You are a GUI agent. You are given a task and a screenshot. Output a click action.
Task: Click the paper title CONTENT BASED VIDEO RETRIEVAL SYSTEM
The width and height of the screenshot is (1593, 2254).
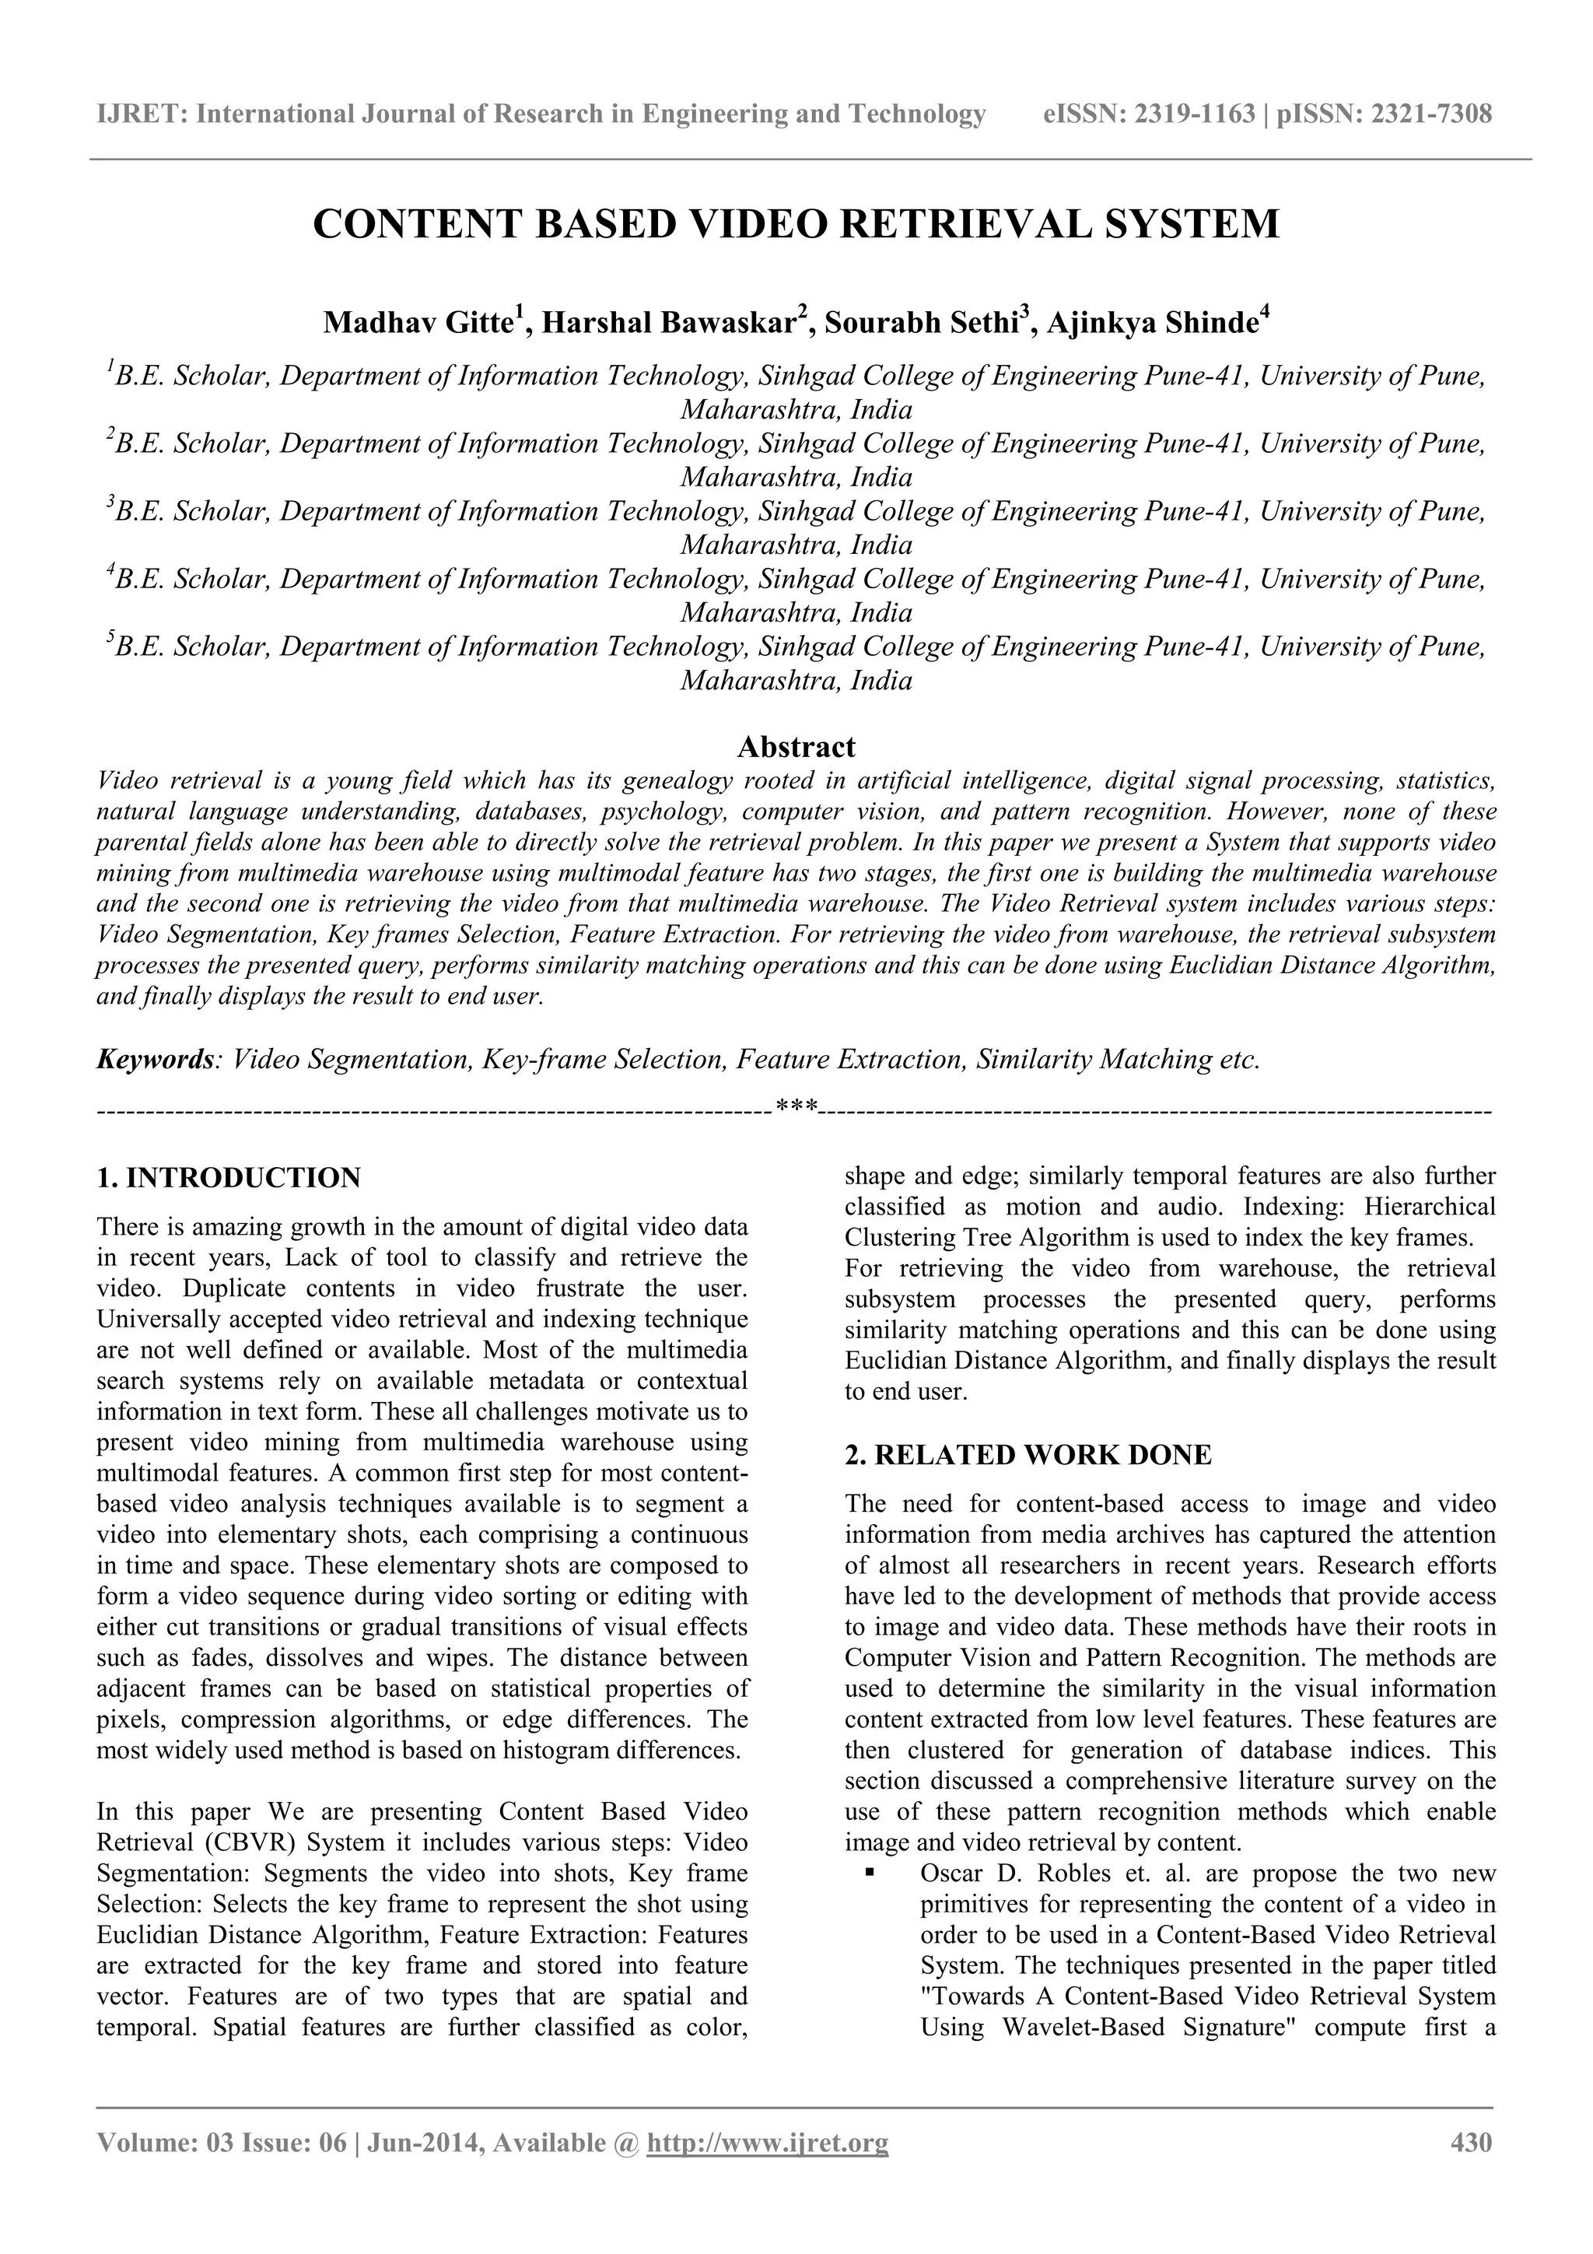pyautogui.click(x=796, y=225)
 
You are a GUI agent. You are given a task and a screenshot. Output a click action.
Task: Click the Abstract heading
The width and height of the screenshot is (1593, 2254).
pyautogui.click(x=796, y=747)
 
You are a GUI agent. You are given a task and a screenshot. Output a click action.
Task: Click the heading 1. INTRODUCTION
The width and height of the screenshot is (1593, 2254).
pyautogui.click(x=229, y=1177)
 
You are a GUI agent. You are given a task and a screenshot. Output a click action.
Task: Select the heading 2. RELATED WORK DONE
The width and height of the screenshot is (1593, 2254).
pyautogui.click(x=1028, y=1455)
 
